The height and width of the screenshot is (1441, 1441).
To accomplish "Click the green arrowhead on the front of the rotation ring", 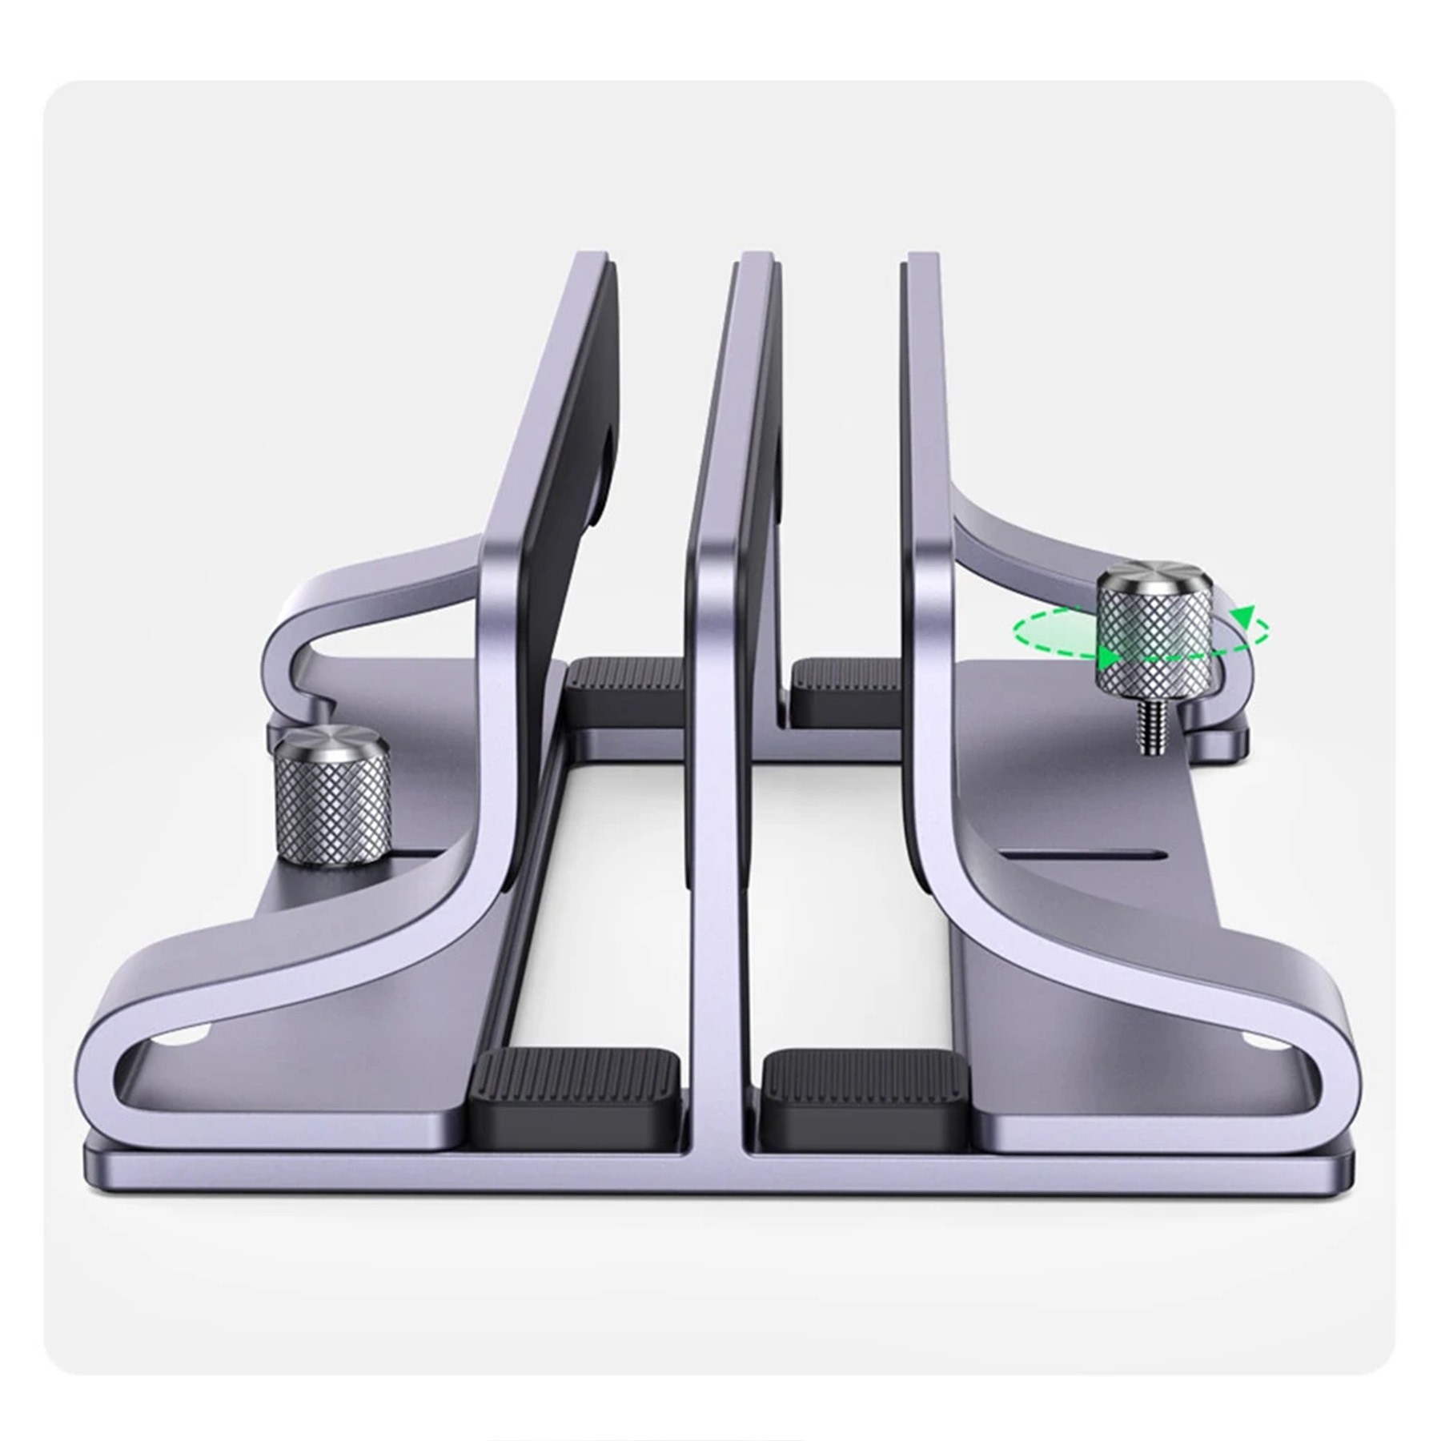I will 1108,658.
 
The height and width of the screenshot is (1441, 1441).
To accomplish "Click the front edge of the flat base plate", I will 720,1173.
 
